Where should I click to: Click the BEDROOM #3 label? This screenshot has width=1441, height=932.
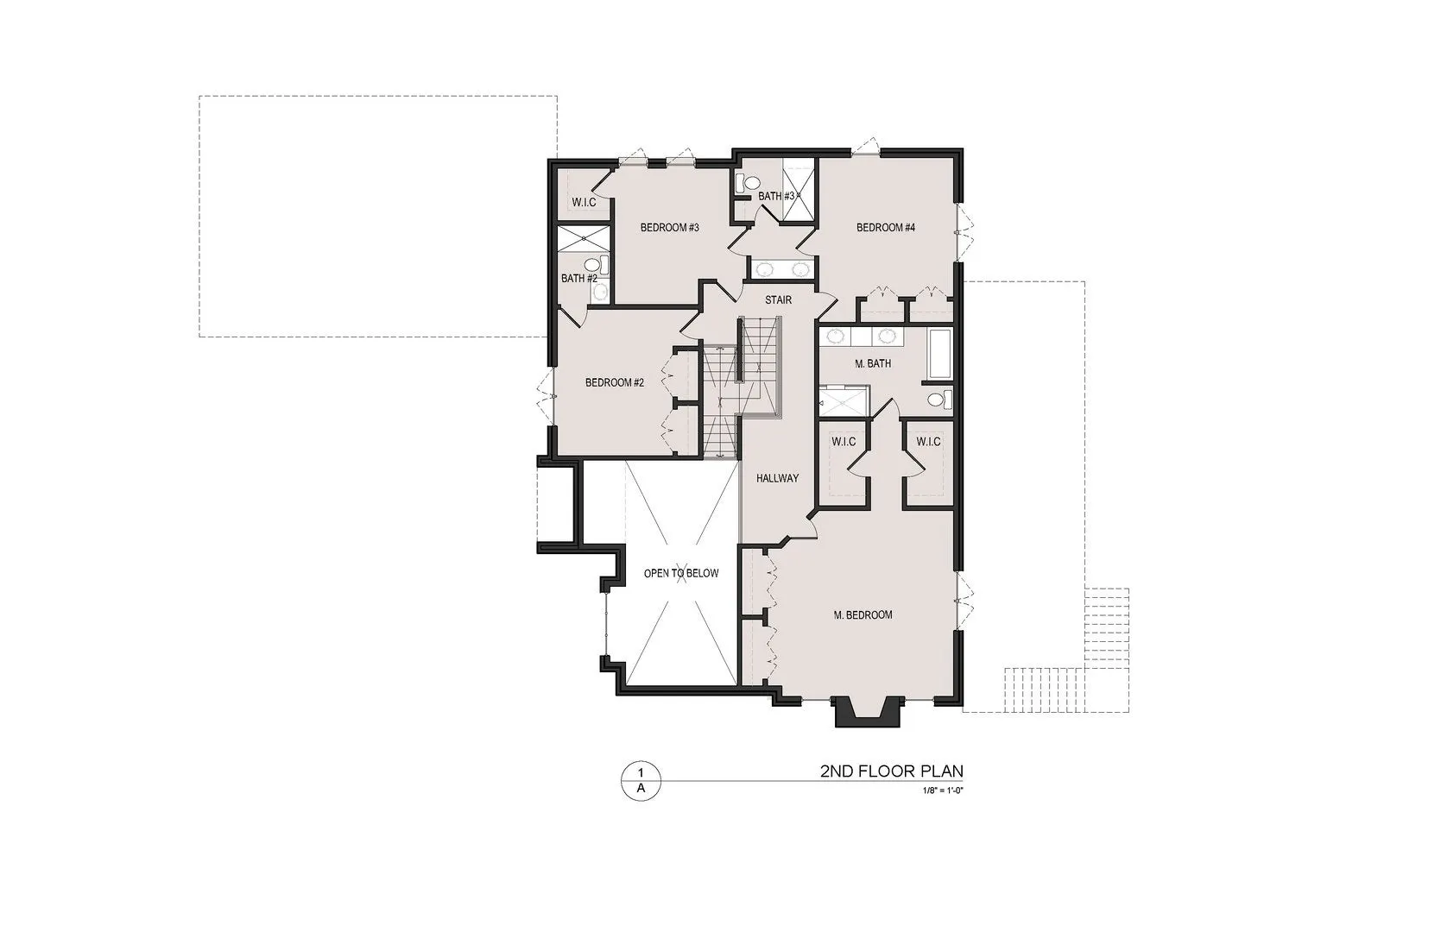669,228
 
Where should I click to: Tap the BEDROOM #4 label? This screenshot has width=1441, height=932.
885,228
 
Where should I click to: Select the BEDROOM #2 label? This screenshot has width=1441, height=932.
615,382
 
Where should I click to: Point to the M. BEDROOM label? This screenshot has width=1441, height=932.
863,615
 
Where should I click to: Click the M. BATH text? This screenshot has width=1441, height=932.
873,363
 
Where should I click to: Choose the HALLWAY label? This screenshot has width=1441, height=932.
777,478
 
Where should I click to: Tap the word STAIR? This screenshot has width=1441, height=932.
779,299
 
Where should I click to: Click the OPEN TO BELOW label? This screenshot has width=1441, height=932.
681,573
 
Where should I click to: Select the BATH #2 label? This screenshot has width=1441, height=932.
579,279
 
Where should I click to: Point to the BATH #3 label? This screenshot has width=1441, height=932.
777,196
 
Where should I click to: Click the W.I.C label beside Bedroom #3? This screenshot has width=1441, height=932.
585,203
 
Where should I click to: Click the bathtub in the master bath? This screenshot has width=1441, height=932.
940,354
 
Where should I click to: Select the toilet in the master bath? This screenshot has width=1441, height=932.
940,399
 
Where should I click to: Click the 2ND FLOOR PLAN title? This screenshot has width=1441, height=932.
892,771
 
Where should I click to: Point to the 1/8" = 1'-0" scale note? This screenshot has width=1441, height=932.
943,790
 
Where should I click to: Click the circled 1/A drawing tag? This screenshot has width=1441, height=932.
641,780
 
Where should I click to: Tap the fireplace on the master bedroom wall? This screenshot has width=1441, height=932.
867,711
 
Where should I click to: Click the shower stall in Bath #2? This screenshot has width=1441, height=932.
583,238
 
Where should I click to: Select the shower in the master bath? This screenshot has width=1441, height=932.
844,401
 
